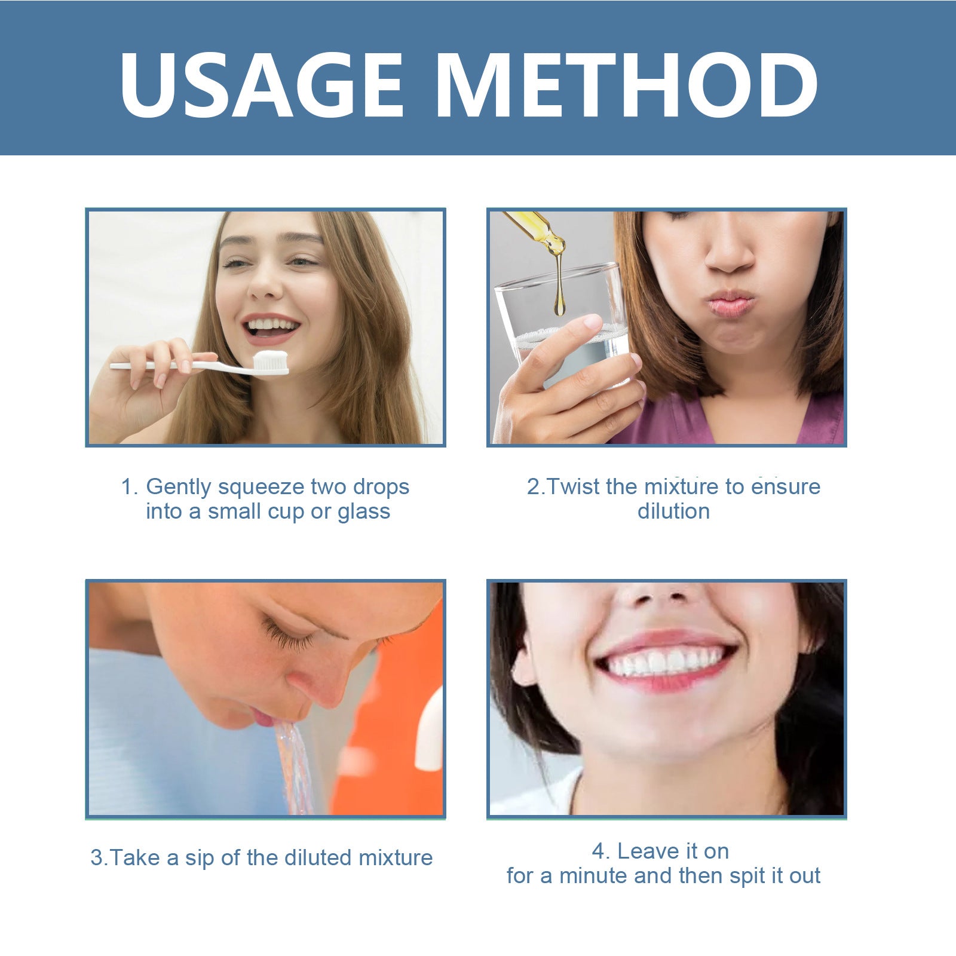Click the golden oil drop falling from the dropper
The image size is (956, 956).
(559, 302)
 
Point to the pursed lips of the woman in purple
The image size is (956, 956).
(729, 305)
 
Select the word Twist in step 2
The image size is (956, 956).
(574, 486)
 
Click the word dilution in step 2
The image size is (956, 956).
(673, 511)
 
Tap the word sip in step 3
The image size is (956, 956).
(200, 858)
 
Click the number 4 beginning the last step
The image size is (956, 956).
(599, 851)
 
